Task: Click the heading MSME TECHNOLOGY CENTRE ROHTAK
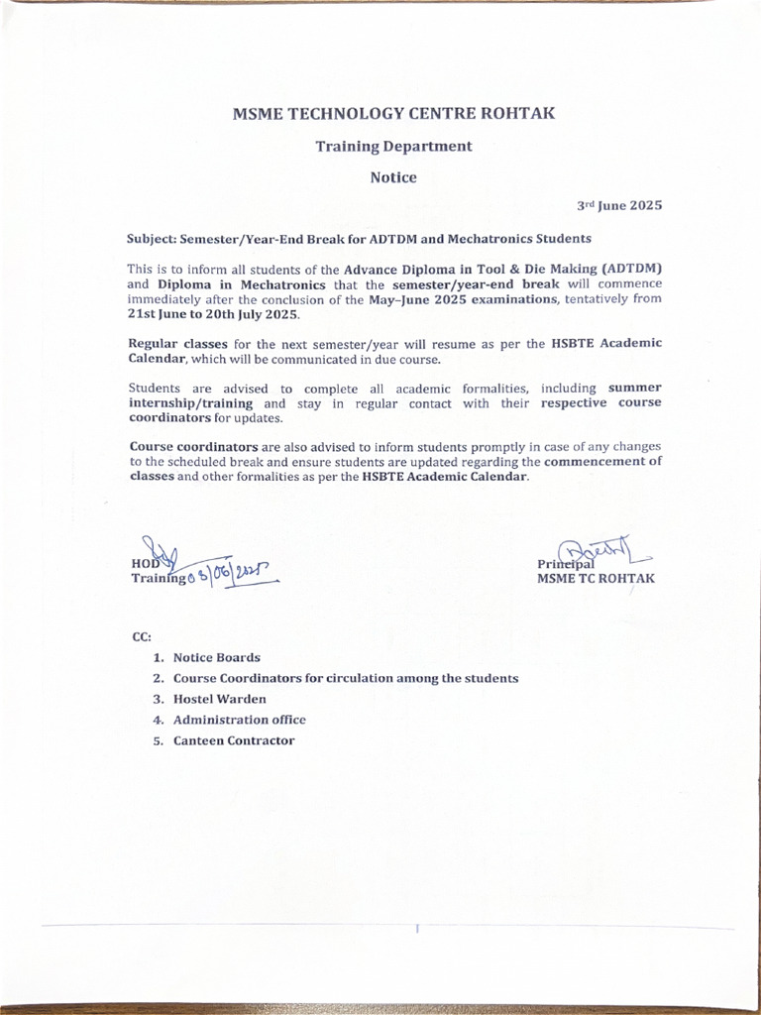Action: (393, 113)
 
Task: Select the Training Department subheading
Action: (393, 147)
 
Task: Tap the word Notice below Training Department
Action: (393, 178)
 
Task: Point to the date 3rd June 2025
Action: (619, 206)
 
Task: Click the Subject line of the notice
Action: (359, 239)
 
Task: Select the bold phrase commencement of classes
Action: (602, 462)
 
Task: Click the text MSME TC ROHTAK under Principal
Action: (596, 579)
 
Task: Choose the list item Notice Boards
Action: (216, 657)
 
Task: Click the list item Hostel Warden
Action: (219, 699)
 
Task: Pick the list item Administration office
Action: (239, 720)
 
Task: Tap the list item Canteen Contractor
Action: (234, 740)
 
